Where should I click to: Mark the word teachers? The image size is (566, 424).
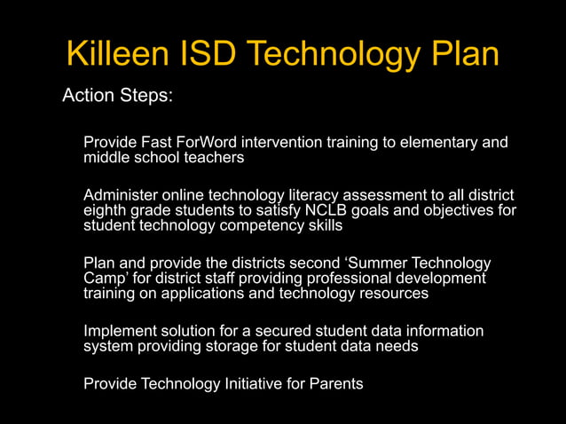click(x=213, y=158)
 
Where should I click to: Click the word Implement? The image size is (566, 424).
click(x=121, y=331)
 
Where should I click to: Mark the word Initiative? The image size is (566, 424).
click(x=255, y=384)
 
